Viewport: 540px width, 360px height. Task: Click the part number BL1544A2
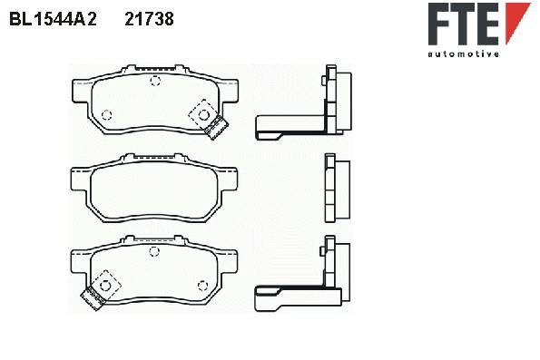(x=53, y=19)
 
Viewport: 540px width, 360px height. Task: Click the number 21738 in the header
(x=149, y=19)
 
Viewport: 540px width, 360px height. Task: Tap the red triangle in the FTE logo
(x=516, y=23)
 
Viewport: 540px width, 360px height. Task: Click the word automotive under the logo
(x=463, y=54)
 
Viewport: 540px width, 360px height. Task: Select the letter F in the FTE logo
(x=441, y=24)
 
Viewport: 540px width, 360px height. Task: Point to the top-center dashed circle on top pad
(x=155, y=81)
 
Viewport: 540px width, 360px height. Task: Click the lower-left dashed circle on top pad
(x=107, y=114)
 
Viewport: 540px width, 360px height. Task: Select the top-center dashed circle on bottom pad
(x=154, y=251)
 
